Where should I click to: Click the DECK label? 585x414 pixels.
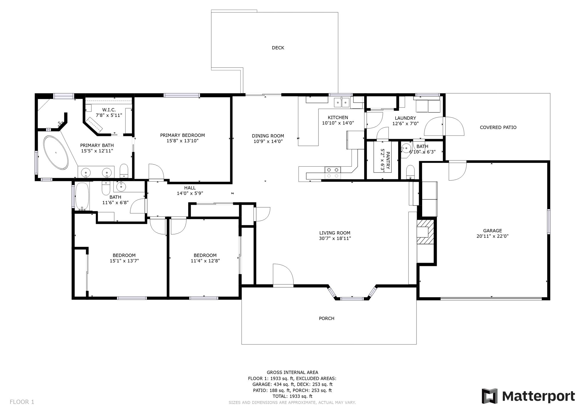click(278, 48)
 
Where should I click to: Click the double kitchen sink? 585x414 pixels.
click(342, 102)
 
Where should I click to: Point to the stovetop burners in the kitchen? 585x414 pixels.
click(333, 173)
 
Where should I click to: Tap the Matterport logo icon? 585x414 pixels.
click(490, 396)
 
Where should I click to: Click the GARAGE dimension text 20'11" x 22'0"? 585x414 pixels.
click(492, 236)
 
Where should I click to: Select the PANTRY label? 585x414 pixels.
click(388, 160)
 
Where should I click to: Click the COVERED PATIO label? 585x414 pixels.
click(498, 128)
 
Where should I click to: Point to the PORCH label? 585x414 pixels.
click(326, 319)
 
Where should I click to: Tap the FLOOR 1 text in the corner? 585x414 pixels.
click(22, 402)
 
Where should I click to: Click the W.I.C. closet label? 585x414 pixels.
click(109, 110)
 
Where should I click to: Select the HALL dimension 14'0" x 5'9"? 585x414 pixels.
click(190, 193)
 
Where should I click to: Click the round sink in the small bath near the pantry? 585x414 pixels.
click(406, 148)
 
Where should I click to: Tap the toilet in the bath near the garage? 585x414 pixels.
click(410, 172)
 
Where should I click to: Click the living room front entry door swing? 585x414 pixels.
click(283, 275)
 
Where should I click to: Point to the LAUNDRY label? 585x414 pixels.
click(405, 118)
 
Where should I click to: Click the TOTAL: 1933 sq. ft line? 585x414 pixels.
click(292, 396)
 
